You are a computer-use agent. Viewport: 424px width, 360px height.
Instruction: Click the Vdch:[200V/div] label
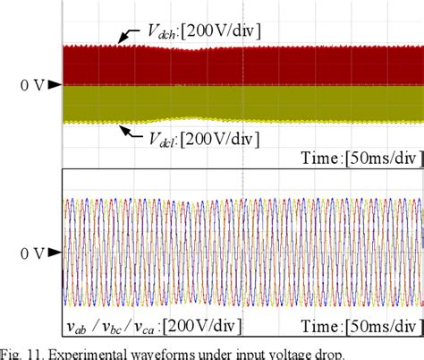tap(204, 31)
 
